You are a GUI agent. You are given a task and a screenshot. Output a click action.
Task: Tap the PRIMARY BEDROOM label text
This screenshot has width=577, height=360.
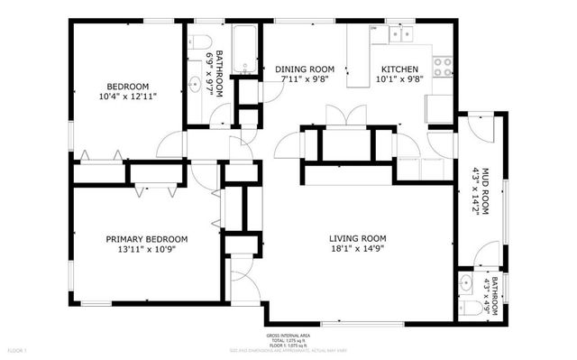click(147, 239)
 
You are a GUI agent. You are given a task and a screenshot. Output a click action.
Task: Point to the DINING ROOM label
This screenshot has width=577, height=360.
click(305, 69)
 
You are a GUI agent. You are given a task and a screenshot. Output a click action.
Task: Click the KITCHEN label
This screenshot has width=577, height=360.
click(398, 69)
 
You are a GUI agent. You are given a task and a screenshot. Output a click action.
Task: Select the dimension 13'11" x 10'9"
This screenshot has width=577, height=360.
click(147, 250)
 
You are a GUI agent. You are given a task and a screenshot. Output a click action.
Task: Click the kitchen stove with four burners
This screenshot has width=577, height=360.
click(442, 66)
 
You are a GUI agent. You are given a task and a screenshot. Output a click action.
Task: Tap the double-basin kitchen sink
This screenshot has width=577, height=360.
click(398, 34)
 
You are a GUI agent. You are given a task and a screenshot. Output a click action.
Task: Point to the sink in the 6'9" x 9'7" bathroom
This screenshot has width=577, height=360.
click(194, 86)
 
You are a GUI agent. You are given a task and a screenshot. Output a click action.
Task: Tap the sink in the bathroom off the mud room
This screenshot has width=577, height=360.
click(465, 282)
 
